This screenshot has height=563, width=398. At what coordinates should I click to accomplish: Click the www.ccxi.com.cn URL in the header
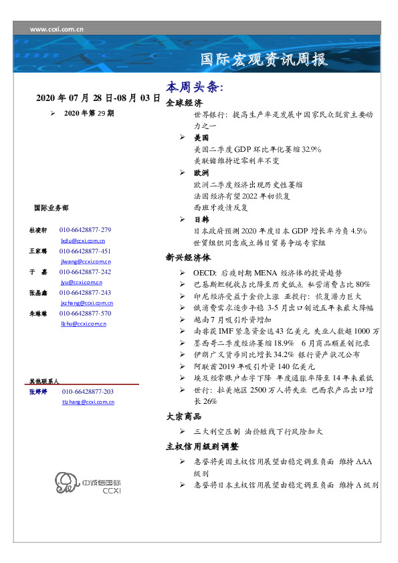point(58,29)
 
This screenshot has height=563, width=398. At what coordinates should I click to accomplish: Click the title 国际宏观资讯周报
point(264,60)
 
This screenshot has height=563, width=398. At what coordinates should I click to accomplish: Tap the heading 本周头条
point(194,88)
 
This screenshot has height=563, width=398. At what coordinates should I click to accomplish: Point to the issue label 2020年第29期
point(89,114)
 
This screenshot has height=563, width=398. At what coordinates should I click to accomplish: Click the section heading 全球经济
point(184,103)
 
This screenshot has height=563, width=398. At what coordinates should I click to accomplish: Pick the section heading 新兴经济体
point(188,257)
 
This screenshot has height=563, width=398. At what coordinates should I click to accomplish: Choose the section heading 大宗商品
point(184,416)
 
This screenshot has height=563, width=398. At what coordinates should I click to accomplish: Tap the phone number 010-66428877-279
point(86,229)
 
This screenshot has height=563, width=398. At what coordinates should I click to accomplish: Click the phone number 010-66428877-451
point(86,251)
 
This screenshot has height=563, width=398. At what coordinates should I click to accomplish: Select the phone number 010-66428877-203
point(88,391)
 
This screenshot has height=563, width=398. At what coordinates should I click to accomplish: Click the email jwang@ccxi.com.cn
point(86,261)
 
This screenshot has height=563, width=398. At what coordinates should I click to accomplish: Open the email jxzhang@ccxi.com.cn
point(86,303)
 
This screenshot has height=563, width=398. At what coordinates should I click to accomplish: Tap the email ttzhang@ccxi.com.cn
point(88,402)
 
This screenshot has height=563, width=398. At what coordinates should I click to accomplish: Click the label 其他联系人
point(43,380)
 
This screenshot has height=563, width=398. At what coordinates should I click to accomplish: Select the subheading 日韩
point(201,219)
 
